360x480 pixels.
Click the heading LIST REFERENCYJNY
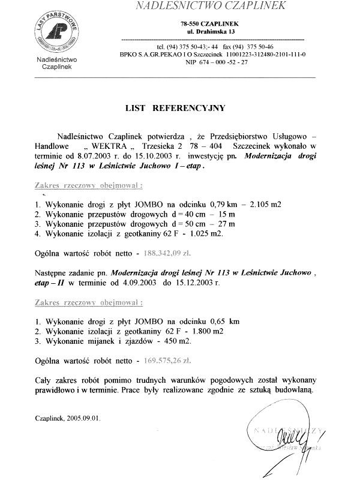[x=175, y=108]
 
